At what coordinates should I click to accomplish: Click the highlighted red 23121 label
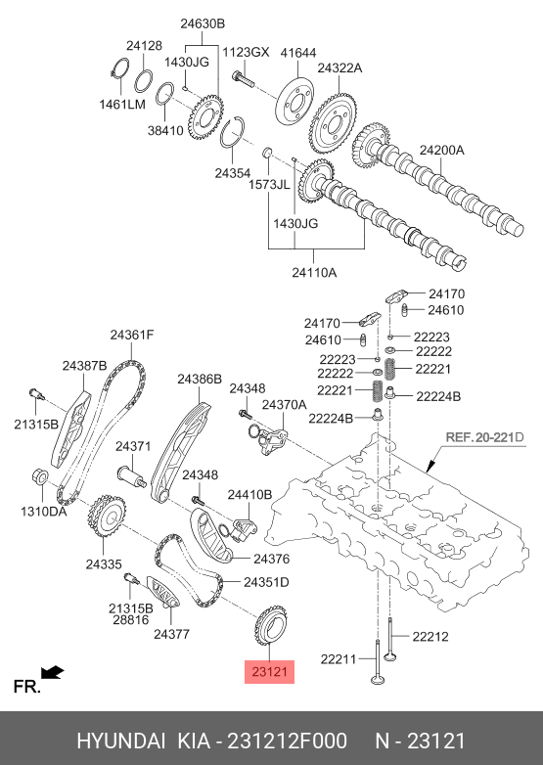click(270, 672)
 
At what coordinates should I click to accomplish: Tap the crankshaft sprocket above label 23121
click(271, 625)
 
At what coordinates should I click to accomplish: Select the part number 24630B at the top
click(203, 23)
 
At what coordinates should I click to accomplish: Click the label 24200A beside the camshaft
click(442, 150)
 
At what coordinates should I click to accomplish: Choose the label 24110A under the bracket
click(314, 272)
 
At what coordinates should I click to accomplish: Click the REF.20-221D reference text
click(484, 436)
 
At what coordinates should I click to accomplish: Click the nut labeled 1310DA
click(39, 475)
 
